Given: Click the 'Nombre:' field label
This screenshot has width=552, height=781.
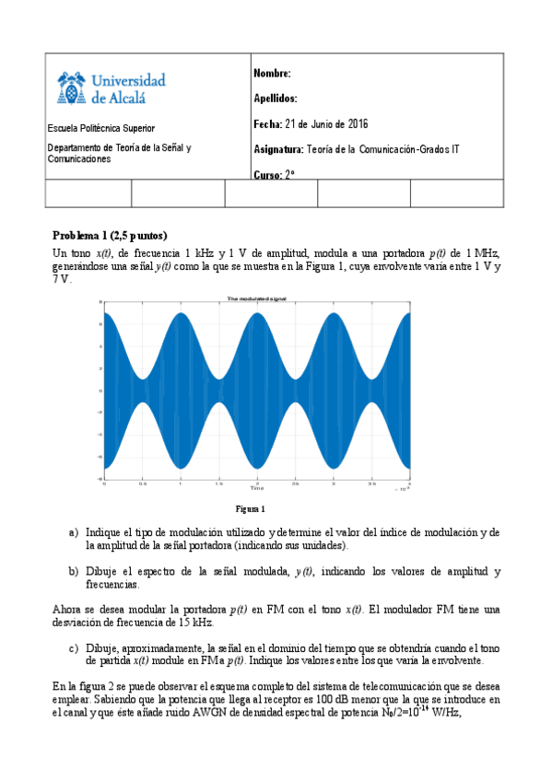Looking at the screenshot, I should (272, 74).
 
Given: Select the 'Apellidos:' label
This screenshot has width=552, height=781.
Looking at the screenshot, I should (275, 99).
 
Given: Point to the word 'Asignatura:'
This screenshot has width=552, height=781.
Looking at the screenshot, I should (277, 149).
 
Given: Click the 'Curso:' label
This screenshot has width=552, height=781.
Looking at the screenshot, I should (267, 174).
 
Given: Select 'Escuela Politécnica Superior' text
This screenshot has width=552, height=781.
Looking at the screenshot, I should (101, 128).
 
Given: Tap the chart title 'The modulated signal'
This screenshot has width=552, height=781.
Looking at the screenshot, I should (256, 298).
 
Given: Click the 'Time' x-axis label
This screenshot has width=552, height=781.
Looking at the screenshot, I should (257, 488).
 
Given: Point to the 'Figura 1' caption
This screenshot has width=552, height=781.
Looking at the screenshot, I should (250, 509).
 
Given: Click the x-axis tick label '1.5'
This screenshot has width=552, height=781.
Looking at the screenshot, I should (218, 483).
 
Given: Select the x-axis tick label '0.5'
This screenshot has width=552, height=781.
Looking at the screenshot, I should (143, 483).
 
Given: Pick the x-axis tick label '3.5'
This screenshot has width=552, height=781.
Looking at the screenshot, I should (370, 483).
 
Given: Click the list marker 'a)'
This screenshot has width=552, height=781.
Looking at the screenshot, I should (74, 532).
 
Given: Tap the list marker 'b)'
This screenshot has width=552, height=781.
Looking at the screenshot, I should (74, 571).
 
